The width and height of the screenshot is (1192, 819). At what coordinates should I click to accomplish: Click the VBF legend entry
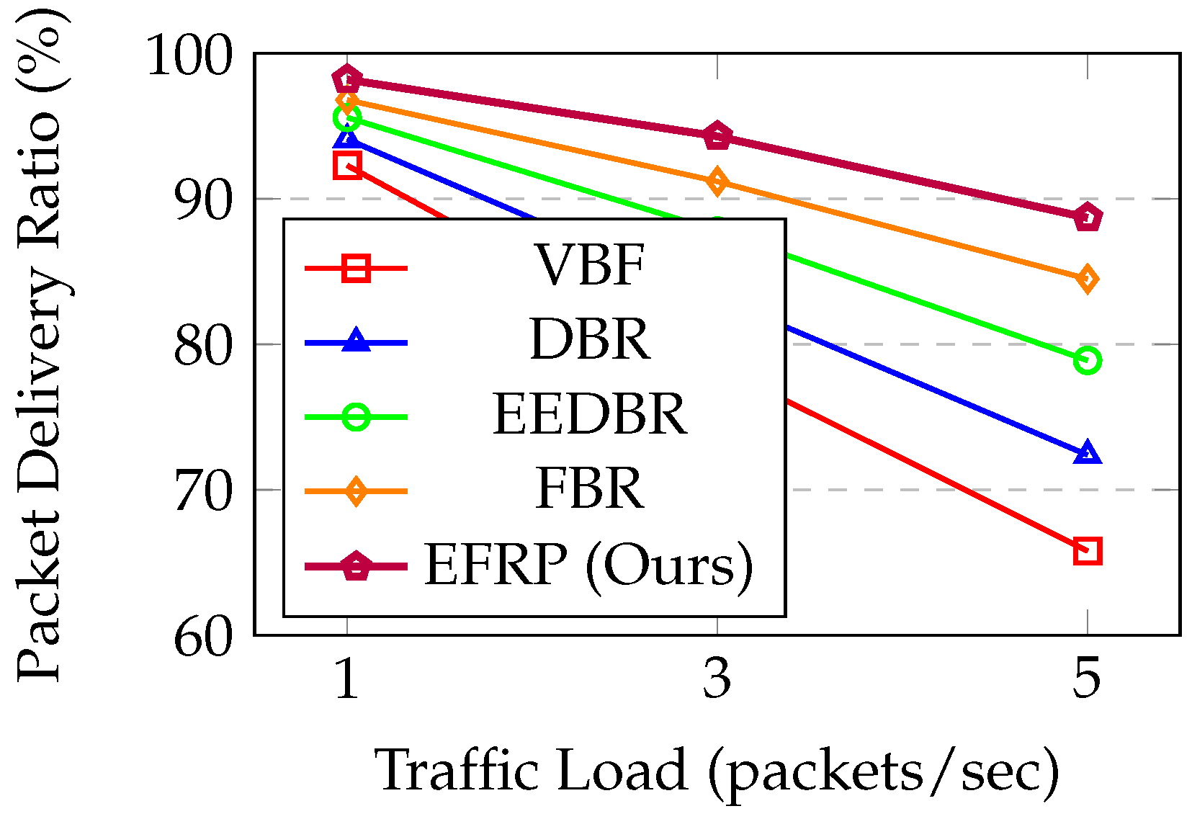click(x=589, y=267)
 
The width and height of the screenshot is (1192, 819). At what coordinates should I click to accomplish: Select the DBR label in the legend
click(x=589, y=340)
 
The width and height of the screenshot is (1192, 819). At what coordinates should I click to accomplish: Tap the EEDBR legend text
click(x=589, y=415)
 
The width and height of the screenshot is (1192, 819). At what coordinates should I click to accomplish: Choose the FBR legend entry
click(x=589, y=490)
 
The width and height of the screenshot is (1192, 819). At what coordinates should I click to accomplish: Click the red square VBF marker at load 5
click(x=1087, y=551)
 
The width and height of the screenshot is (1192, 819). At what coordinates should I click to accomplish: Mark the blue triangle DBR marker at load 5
click(x=1087, y=454)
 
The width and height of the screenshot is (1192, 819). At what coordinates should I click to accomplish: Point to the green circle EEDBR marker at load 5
click(x=1087, y=360)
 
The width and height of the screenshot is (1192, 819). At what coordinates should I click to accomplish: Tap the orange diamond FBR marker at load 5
click(x=1087, y=279)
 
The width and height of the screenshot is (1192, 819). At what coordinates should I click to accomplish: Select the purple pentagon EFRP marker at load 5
click(x=1087, y=218)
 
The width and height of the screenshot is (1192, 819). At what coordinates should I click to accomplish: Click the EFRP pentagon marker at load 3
click(x=717, y=135)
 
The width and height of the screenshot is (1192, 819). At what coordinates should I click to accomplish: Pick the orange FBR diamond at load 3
click(x=717, y=182)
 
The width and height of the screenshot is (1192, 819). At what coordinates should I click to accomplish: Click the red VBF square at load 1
click(x=348, y=166)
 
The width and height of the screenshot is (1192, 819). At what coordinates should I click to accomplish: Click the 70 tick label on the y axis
click(x=204, y=492)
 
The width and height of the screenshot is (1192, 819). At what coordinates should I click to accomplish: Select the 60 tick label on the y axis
click(x=204, y=637)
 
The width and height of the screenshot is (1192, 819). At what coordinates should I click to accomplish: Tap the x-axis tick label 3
click(x=717, y=679)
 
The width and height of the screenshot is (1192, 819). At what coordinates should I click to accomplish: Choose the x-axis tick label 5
click(x=1087, y=679)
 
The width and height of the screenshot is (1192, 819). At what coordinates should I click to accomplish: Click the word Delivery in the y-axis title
click(x=40, y=375)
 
